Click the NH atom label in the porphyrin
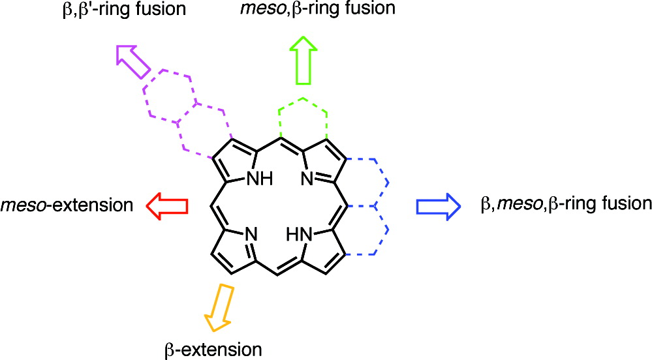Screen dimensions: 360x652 pyautogui.click(x=260, y=178)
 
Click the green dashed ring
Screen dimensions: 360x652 pyautogui.click(x=303, y=120)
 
